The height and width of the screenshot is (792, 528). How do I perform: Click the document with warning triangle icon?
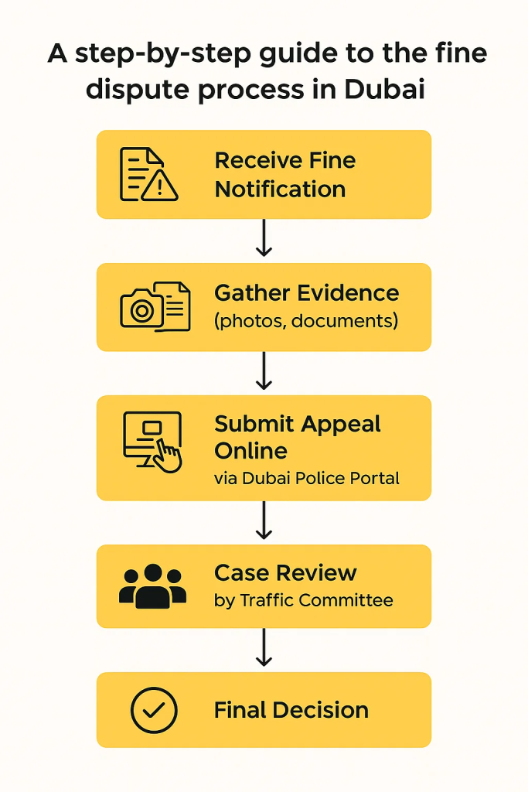(148, 175)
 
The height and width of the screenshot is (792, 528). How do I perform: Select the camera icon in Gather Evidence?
(142, 309)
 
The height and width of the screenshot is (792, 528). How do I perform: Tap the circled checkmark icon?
(154, 710)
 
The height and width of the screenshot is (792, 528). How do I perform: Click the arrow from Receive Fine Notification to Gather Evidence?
(264, 239)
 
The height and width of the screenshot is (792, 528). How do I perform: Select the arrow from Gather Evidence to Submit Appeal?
(264, 372)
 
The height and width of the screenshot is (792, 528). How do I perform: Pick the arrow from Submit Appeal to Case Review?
(264, 521)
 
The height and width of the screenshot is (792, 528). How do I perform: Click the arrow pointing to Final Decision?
(264, 648)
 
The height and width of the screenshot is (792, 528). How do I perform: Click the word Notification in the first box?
(280, 189)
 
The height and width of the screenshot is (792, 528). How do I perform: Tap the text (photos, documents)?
(306, 320)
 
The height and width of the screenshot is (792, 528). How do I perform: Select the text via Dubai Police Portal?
(306, 479)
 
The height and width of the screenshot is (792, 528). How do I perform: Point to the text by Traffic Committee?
(303, 599)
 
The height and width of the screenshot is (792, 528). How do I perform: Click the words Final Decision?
(291, 711)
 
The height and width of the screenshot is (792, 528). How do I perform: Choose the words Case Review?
(285, 573)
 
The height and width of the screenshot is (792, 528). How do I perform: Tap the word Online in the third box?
(250, 451)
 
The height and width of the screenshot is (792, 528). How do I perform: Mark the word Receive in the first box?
(257, 161)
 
